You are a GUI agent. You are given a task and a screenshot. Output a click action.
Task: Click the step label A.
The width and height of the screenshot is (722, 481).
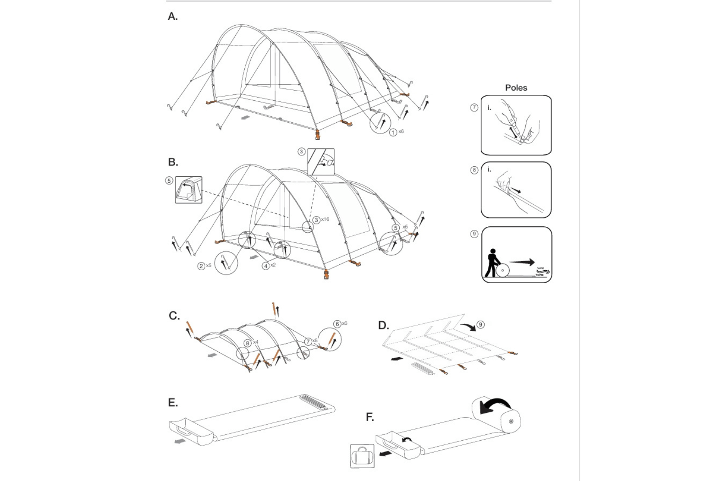click(172, 16)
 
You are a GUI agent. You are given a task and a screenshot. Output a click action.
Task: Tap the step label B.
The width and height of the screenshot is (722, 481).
click(172, 162)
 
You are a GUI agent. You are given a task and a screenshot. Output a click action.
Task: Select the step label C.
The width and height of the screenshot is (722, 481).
click(174, 316)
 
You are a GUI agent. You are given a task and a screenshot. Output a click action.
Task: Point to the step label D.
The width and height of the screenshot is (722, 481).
click(383, 326)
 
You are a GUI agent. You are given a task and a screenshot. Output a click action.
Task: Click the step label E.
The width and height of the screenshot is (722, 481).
click(172, 403)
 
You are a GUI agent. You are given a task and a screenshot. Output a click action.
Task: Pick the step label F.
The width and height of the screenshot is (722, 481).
click(369, 417)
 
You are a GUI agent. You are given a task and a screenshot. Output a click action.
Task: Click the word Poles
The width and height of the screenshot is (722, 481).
click(516, 87)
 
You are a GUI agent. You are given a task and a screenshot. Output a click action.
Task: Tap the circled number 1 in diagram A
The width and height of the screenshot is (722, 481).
click(393, 132)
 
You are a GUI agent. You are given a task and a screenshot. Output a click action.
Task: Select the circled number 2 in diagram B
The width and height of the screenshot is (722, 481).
click(201, 266)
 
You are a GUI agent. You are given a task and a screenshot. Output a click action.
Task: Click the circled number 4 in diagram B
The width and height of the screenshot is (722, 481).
click(265, 266)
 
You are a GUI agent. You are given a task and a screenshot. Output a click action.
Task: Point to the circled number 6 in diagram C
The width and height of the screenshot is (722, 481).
click(337, 324)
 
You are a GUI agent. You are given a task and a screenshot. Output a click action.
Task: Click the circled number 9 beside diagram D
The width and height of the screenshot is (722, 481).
click(480, 325)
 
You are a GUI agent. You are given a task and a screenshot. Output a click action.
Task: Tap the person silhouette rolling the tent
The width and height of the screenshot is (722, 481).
click(492, 262)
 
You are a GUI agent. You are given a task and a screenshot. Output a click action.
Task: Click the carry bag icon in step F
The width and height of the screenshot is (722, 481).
click(362, 456)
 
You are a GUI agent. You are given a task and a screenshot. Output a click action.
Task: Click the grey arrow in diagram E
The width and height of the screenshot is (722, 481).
click(180, 441)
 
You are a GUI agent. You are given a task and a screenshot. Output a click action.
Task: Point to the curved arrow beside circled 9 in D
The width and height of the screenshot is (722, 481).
click(468, 327)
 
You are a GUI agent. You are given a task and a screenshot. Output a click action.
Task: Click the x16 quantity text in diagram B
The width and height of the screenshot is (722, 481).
click(325, 219)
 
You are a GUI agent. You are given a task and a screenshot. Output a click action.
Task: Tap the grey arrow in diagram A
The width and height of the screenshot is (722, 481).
click(246, 118)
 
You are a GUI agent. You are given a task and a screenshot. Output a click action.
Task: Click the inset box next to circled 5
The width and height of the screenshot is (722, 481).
click(188, 190)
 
